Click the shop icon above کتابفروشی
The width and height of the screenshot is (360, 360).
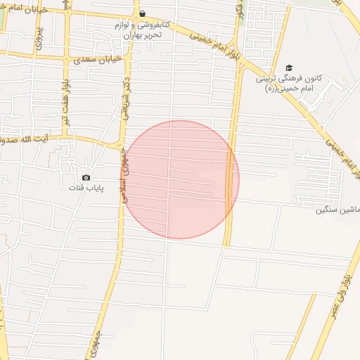pos(142,13)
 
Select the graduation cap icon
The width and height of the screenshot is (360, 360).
pos(289,67)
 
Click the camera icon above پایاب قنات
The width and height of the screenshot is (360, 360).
pos(86,178)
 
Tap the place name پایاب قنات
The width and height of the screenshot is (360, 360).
pos(85,188)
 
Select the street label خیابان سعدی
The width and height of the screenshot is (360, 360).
pos(98,60)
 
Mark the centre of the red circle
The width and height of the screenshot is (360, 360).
pos(179,179)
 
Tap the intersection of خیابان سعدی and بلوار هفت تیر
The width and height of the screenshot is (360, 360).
pos(67,57)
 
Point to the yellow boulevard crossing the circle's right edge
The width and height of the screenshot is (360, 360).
pos(230,179)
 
